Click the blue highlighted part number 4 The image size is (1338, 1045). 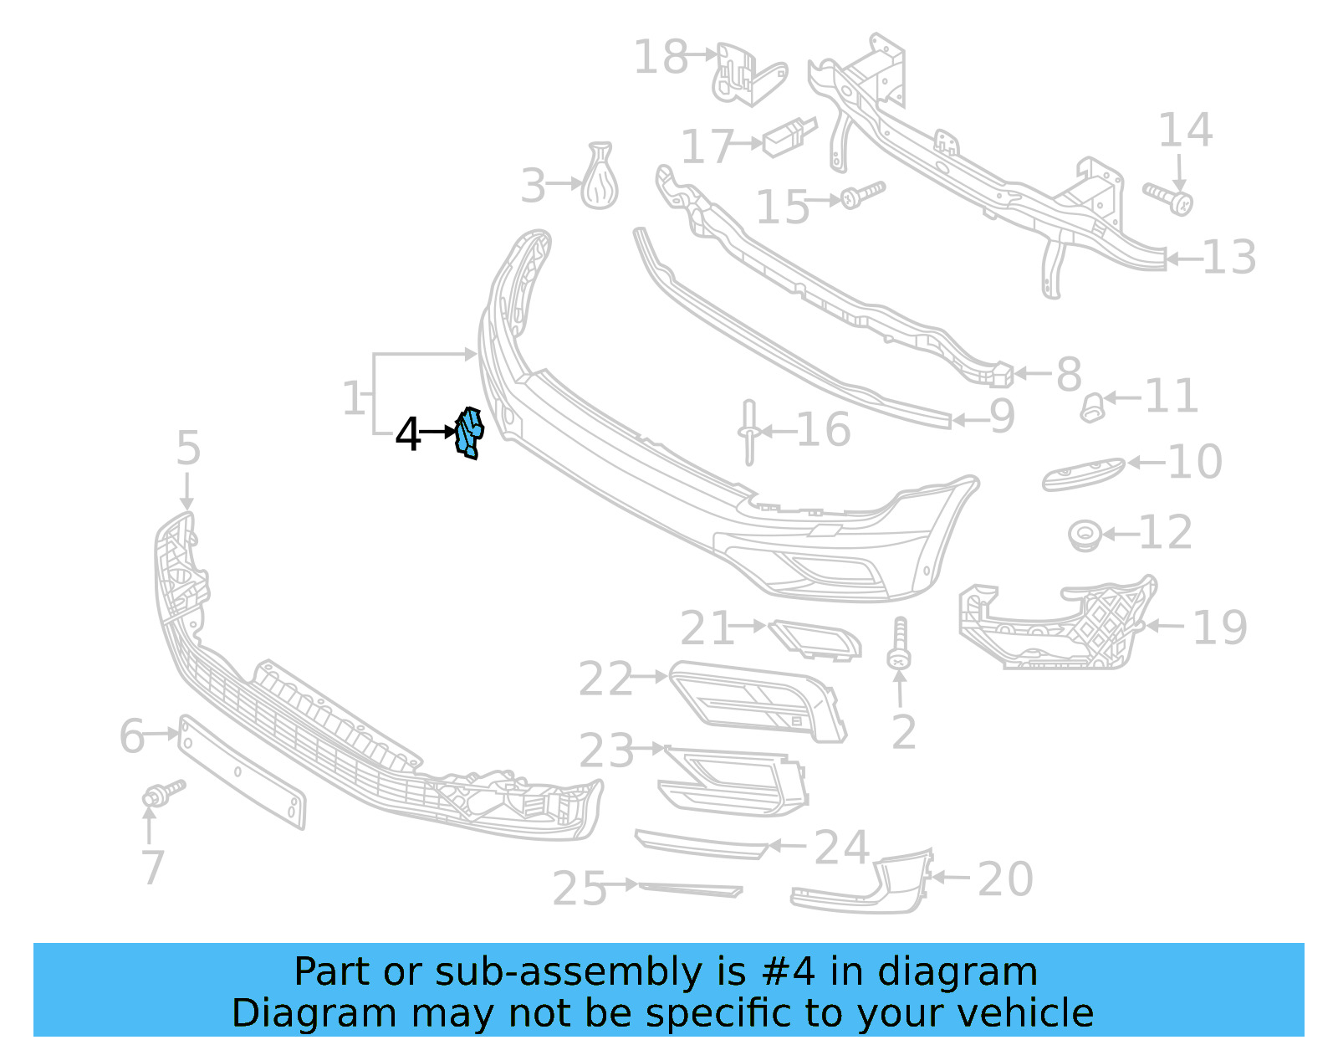469,433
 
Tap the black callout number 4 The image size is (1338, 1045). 408,434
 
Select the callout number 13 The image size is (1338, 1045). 1229,258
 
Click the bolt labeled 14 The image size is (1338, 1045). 1169,197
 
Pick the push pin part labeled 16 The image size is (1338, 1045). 748,432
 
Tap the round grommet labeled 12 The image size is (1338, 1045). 1085,535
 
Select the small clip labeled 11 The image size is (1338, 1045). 1091,407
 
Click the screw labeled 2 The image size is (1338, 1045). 899,644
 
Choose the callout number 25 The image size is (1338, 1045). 580,888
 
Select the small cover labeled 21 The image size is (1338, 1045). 815,640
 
